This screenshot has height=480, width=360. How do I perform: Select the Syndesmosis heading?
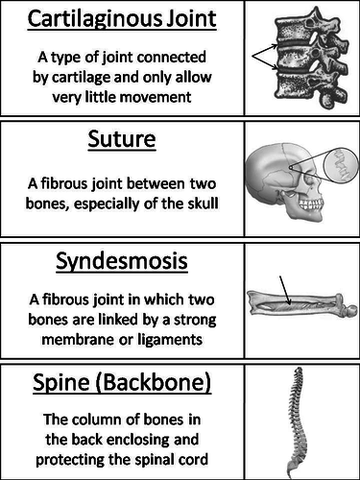click(121, 262)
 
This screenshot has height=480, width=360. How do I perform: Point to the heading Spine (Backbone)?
click(121, 383)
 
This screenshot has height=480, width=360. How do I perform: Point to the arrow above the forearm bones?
click(285, 285)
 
